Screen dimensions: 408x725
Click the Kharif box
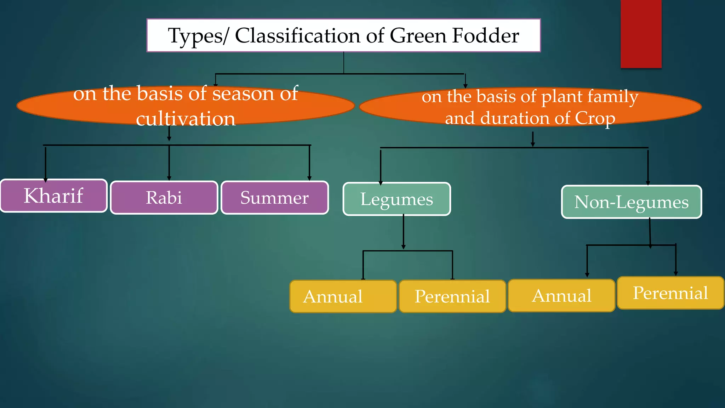(x=53, y=196)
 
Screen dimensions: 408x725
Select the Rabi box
(x=164, y=198)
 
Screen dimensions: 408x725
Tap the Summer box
(x=275, y=198)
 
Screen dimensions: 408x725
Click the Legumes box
(x=396, y=199)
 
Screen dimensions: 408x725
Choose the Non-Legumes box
(x=631, y=202)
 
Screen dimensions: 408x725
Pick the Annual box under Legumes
(x=343, y=296)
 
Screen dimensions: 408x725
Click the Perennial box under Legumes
(x=452, y=296)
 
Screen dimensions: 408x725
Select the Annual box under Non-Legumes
(x=561, y=296)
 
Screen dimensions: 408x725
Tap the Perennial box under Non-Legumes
(x=670, y=293)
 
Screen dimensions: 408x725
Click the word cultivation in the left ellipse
(x=185, y=119)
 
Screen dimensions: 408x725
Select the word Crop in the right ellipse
(x=595, y=119)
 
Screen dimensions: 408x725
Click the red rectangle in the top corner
(x=641, y=34)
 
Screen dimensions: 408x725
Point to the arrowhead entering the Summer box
(x=309, y=178)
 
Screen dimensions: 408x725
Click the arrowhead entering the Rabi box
(x=169, y=178)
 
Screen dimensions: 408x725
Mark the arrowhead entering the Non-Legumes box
(x=648, y=183)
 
